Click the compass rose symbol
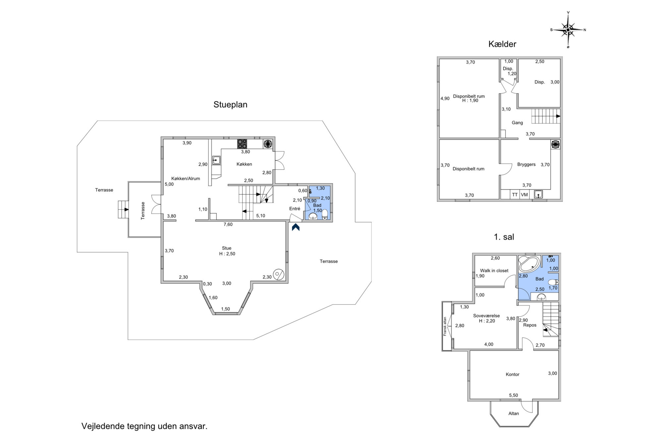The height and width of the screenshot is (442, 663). point(568,30)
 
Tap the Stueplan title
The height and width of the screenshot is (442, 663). point(230,104)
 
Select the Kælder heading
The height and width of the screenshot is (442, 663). point(502,44)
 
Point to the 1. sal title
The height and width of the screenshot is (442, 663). point(504,237)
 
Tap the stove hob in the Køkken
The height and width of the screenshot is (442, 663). point(242,144)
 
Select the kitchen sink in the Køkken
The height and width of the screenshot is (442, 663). point(216,160)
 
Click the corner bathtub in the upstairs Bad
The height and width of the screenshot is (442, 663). point(529,264)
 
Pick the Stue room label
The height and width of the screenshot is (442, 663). point(227,248)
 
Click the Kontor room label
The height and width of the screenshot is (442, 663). point(512,374)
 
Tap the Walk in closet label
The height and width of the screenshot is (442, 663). point(494,271)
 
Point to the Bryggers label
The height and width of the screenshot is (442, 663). point(526,164)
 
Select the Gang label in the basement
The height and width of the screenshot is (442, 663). point(517,123)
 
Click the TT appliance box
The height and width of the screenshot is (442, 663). point(514,195)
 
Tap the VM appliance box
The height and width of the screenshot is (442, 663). point(524,195)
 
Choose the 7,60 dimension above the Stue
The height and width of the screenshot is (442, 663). point(228,224)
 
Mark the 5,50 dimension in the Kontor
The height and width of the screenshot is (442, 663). point(513,395)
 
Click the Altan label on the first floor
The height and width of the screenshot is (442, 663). point(513,413)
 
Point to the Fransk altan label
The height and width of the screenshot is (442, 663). point(445,326)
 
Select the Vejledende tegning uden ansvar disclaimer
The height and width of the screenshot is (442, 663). point(145,426)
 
